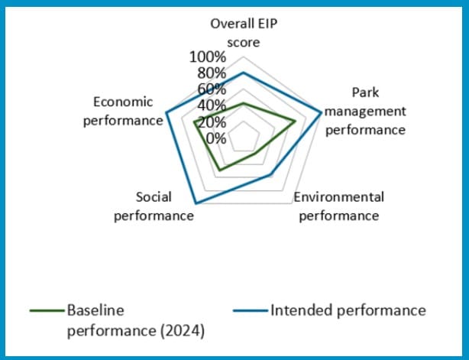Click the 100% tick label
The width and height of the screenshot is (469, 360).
pyautogui.click(x=207, y=57)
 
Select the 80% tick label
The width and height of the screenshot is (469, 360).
pyautogui.click(x=210, y=73)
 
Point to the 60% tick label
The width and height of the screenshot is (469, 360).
pyautogui.click(x=210, y=89)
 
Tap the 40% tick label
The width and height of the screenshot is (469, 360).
pyautogui.click(x=210, y=105)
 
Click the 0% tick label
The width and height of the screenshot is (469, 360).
pyautogui.click(x=215, y=138)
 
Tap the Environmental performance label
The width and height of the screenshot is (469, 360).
pyautogui.click(x=338, y=206)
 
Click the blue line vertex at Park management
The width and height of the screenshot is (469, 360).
pyautogui.click(x=322, y=113)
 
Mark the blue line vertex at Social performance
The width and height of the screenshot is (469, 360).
pyautogui.click(x=196, y=203)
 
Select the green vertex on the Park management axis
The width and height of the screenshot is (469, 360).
pyautogui.click(x=296, y=121)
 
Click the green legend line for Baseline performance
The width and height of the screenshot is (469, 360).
pyautogui.click(x=47, y=311)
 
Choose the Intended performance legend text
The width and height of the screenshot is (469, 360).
pyautogui.click(x=347, y=310)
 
